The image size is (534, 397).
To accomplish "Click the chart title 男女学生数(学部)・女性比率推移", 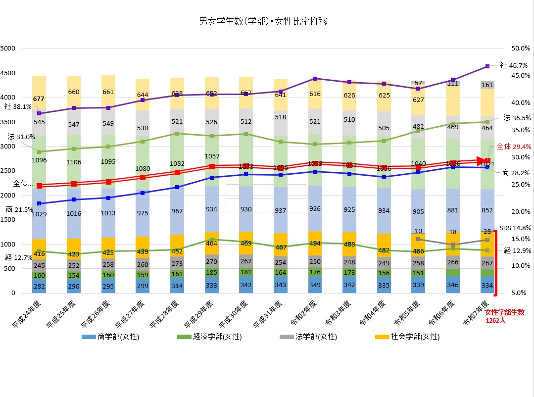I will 263,21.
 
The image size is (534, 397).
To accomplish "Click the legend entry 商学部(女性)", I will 110,337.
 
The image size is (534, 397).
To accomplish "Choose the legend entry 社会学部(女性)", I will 408,337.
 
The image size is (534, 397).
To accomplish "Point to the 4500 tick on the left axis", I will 8,73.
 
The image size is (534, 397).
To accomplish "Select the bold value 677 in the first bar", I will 39,99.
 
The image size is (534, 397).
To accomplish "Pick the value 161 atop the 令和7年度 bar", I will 488,85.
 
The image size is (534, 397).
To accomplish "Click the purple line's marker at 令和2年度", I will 315,79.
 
